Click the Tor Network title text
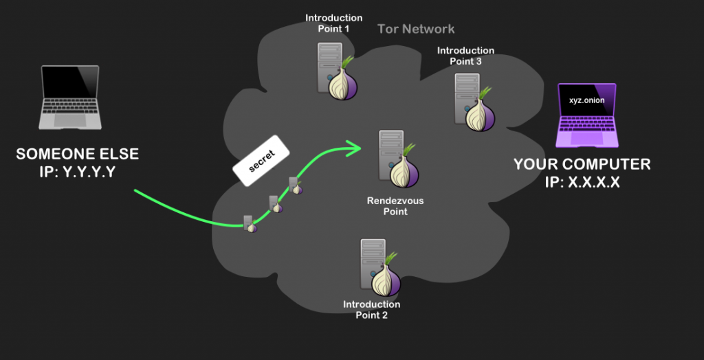tap(416, 29)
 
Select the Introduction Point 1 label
tap(333, 23)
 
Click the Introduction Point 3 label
tap(465, 56)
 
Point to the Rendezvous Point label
tap(395, 206)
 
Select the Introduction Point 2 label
tap(371, 310)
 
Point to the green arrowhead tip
tap(360, 146)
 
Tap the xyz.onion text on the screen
tap(586, 101)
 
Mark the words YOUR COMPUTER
tap(582, 165)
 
